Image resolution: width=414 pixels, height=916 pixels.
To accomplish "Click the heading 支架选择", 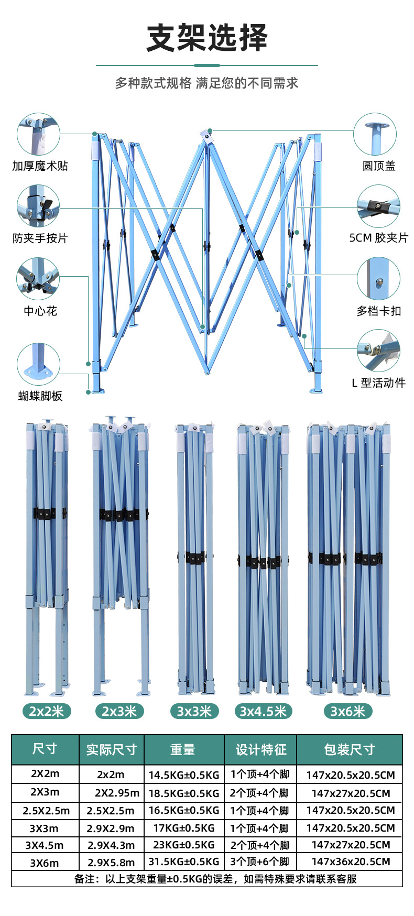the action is [x=207, y=38].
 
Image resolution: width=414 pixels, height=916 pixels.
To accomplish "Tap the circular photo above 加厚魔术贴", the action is [x=38, y=134].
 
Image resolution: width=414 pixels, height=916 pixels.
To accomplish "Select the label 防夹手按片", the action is [x=40, y=238].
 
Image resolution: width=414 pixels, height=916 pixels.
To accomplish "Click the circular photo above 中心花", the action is [x=38, y=279].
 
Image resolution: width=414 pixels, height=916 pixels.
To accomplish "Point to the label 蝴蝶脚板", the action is [x=40, y=396].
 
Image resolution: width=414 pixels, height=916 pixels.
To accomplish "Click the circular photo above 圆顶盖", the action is [x=375, y=134].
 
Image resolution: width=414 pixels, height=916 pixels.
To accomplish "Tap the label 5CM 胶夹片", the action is [x=378, y=238].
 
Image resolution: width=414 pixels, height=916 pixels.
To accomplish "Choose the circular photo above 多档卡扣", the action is [x=378, y=279].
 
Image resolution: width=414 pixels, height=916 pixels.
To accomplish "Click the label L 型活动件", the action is [x=378, y=383].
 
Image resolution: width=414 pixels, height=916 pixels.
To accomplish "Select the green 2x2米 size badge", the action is [x=47, y=711].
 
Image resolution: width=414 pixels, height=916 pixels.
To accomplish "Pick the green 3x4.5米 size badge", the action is [x=263, y=711].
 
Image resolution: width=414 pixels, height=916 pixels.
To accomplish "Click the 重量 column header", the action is [x=183, y=750].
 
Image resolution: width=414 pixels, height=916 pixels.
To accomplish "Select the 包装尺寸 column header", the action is [x=350, y=750].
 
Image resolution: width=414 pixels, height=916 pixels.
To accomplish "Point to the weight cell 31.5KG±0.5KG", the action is [x=184, y=862].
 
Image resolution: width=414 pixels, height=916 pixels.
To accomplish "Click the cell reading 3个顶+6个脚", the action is [x=260, y=862].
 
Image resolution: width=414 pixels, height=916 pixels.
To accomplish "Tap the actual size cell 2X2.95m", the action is [x=117, y=793].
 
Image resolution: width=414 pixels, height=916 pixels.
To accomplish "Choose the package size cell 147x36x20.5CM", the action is [x=351, y=862].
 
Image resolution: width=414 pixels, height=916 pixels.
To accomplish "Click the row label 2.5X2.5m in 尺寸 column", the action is [x=46, y=811].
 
